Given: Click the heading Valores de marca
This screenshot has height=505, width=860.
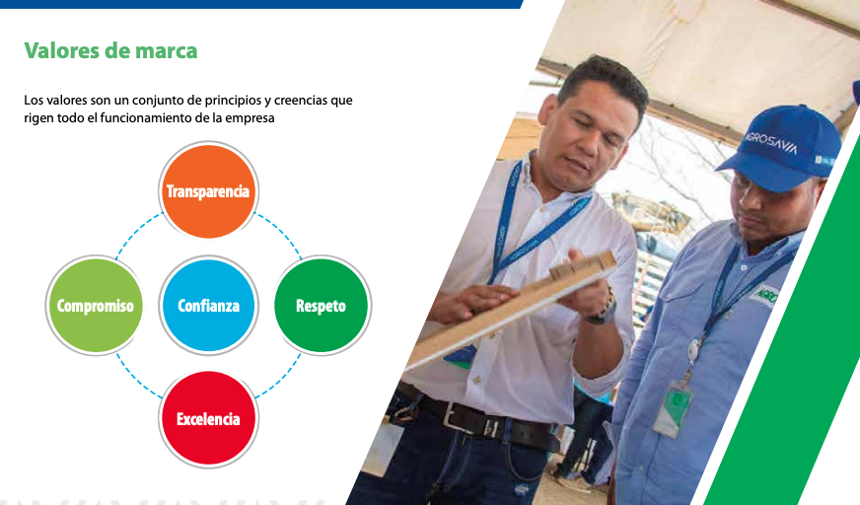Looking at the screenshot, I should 110,50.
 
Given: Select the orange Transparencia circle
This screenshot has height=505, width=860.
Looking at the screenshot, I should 208,191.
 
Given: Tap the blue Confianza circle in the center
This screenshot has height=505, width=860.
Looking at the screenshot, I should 208,306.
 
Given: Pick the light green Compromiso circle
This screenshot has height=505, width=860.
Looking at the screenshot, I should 95,306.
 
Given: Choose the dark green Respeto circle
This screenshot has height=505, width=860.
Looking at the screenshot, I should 322,306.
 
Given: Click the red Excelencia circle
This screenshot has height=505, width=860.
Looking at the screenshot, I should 208,419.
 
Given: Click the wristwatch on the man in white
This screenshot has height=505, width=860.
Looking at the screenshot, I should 602,310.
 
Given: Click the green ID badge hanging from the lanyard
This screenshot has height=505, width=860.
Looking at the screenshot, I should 674,406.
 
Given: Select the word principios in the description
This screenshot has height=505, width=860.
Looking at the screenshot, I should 196,101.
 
